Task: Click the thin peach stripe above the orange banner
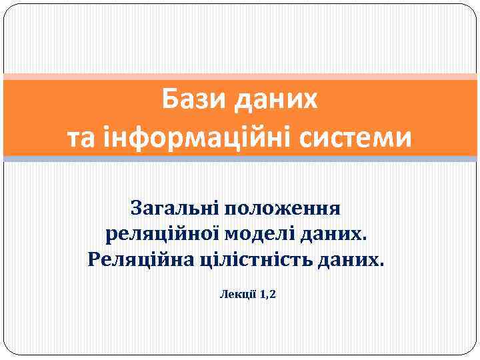click(240, 77)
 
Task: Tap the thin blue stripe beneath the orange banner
click(240, 159)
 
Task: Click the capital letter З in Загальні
click(138, 208)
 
